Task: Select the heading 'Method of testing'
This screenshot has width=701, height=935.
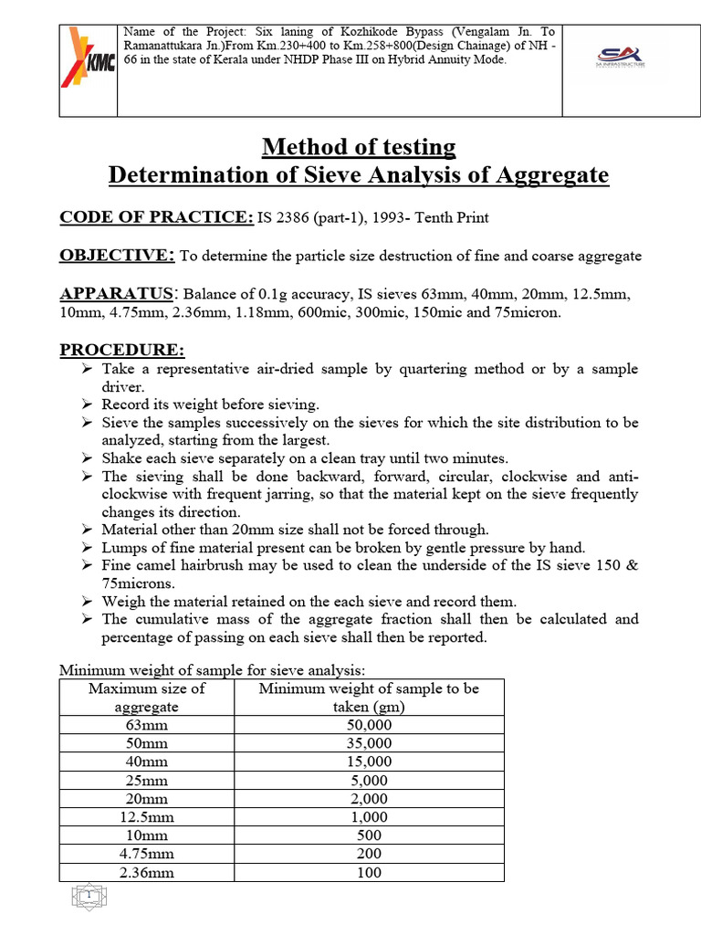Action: tap(359, 146)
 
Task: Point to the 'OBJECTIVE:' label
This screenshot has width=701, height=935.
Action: tap(117, 256)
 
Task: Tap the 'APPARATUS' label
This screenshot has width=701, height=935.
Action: tap(116, 294)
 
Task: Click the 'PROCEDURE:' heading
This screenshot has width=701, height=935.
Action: tap(121, 350)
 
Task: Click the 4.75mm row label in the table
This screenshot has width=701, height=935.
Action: tap(147, 854)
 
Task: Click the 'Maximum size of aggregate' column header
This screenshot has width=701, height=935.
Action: tap(147, 698)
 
